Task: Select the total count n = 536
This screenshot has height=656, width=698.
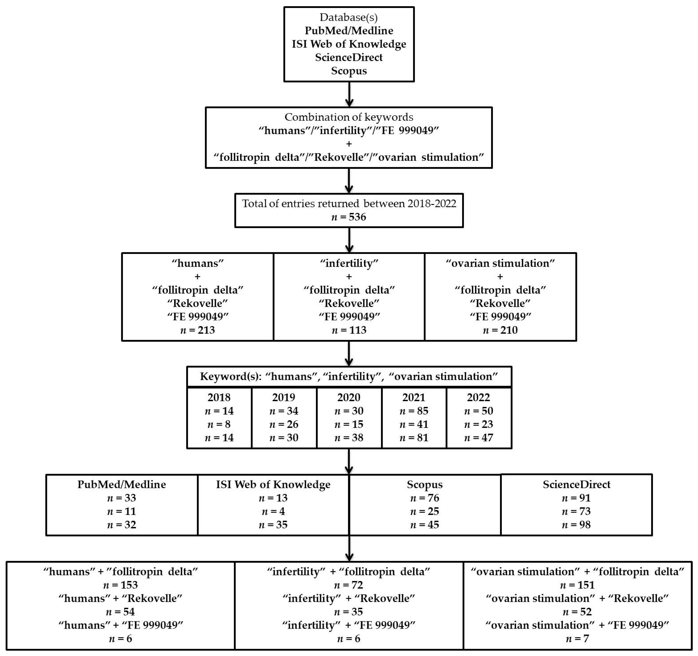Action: pos(349,217)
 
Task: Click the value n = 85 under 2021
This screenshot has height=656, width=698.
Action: pos(414,411)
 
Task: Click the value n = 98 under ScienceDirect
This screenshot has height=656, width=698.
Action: pos(576,525)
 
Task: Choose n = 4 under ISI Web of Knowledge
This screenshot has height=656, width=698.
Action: pos(273,511)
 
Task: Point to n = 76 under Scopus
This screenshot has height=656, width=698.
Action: pos(424,498)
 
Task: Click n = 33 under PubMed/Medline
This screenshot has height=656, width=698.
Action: pos(121,498)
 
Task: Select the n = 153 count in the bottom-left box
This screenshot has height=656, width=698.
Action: pos(120,585)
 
